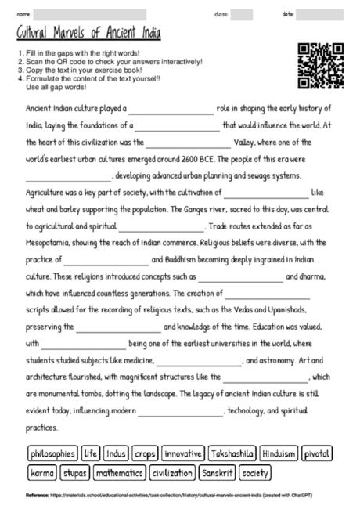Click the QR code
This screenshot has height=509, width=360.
pos(322,66)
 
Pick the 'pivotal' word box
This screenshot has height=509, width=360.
pos(317,453)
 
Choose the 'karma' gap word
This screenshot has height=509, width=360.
pos(42,473)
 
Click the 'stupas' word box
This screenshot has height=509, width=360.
pos(75,473)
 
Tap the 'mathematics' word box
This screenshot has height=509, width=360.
pos(119,473)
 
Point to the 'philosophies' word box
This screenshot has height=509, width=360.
pos(52,453)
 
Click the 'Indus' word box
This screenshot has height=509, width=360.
pos(116,453)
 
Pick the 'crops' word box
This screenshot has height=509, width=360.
pos(145,453)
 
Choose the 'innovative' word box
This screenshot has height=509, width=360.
pos(183,453)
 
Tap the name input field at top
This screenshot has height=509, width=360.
pos(90,14)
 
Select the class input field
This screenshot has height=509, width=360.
pos(242,14)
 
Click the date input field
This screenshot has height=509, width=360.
pos(319,14)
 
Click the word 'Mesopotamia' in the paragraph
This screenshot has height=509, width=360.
pos(47,243)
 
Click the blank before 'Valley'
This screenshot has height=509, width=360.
pos(188,143)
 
